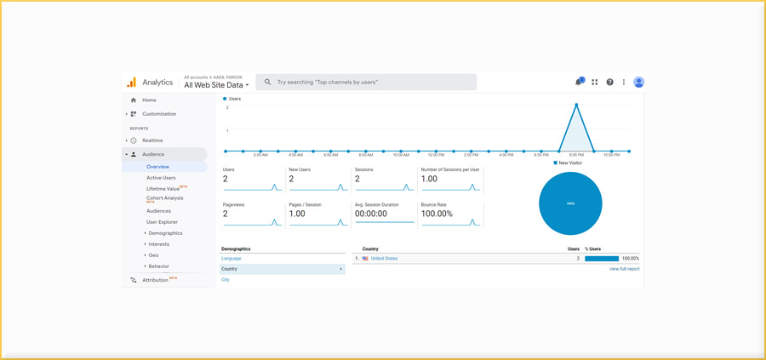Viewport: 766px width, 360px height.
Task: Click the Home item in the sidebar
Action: pos(149,100)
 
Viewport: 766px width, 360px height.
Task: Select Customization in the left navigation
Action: pos(158,114)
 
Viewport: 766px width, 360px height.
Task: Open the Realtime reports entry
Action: pos(152,140)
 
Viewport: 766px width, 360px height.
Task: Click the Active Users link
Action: pos(161,178)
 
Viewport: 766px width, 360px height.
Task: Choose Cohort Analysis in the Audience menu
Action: pos(164,198)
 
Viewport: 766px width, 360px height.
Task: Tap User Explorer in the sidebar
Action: pos(162,222)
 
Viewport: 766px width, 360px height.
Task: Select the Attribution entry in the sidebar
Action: pos(155,280)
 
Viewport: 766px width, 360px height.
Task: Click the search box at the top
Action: pos(366,83)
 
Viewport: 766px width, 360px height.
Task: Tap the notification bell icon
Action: pos(579,83)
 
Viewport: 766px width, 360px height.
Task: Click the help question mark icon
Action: pos(609,83)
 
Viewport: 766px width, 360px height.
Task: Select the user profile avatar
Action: pos(638,83)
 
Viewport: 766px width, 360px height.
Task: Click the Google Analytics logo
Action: pos(132,83)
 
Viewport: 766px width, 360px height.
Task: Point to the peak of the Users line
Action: pos(577,105)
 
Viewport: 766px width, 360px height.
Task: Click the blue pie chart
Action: pos(570,203)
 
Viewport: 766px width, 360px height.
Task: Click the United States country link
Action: pos(384,258)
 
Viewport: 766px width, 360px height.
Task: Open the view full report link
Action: pos(624,269)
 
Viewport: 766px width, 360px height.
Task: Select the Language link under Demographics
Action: pos(232,258)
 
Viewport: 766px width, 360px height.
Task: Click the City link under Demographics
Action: pos(226,279)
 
